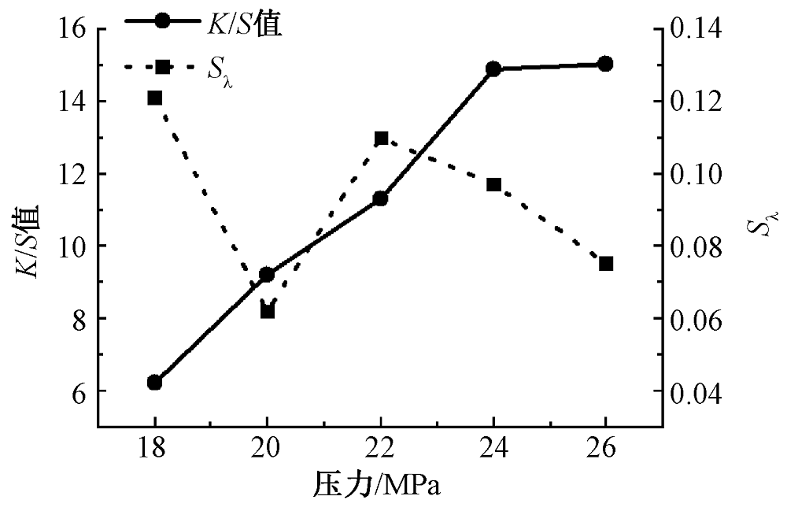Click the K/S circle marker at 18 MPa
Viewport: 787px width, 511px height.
[154, 383]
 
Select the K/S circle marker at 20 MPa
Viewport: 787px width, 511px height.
[267, 274]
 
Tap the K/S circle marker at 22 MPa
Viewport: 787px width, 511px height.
[381, 198]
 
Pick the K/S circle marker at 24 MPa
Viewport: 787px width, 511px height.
[493, 69]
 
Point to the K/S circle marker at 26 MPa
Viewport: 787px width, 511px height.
[605, 64]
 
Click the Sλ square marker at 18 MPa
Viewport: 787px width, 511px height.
[155, 98]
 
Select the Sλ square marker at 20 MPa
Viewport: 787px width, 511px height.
[268, 311]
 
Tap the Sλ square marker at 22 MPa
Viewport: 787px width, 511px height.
[382, 139]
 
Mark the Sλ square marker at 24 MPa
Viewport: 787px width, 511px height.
[493, 185]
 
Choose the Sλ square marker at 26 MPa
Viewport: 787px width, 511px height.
[606, 263]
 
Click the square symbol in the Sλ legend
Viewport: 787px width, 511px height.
[163, 67]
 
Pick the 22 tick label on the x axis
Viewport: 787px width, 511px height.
[381, 449]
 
